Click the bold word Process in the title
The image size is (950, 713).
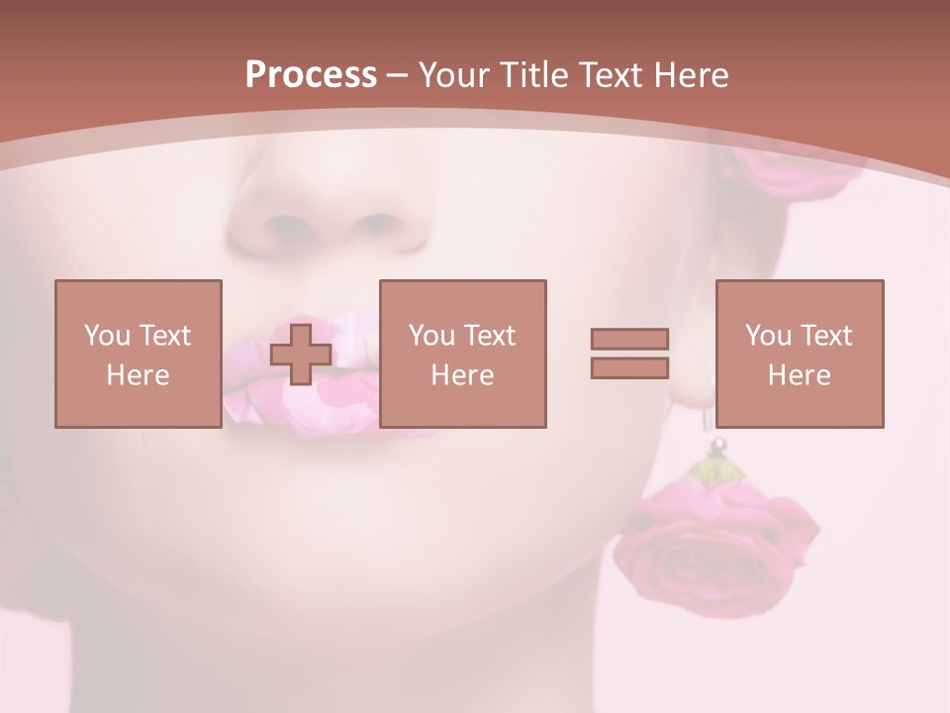tap(311, 75)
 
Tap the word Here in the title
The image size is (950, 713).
tap(690, 75)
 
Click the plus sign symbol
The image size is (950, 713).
tap(301, 354)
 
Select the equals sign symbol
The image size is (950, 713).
tap(629, 354)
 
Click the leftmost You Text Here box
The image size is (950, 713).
tap(139, 354)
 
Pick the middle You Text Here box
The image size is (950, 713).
tap(463, 354)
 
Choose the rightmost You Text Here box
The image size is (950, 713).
tap(800, 354)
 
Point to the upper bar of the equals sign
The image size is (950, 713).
tap(629, 340)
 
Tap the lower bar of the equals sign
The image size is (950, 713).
tap(629, 367)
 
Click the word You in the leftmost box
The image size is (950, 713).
tap(106, 335)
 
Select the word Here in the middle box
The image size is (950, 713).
tap(463, 375)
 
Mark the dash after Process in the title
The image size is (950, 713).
tap(398, 75)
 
